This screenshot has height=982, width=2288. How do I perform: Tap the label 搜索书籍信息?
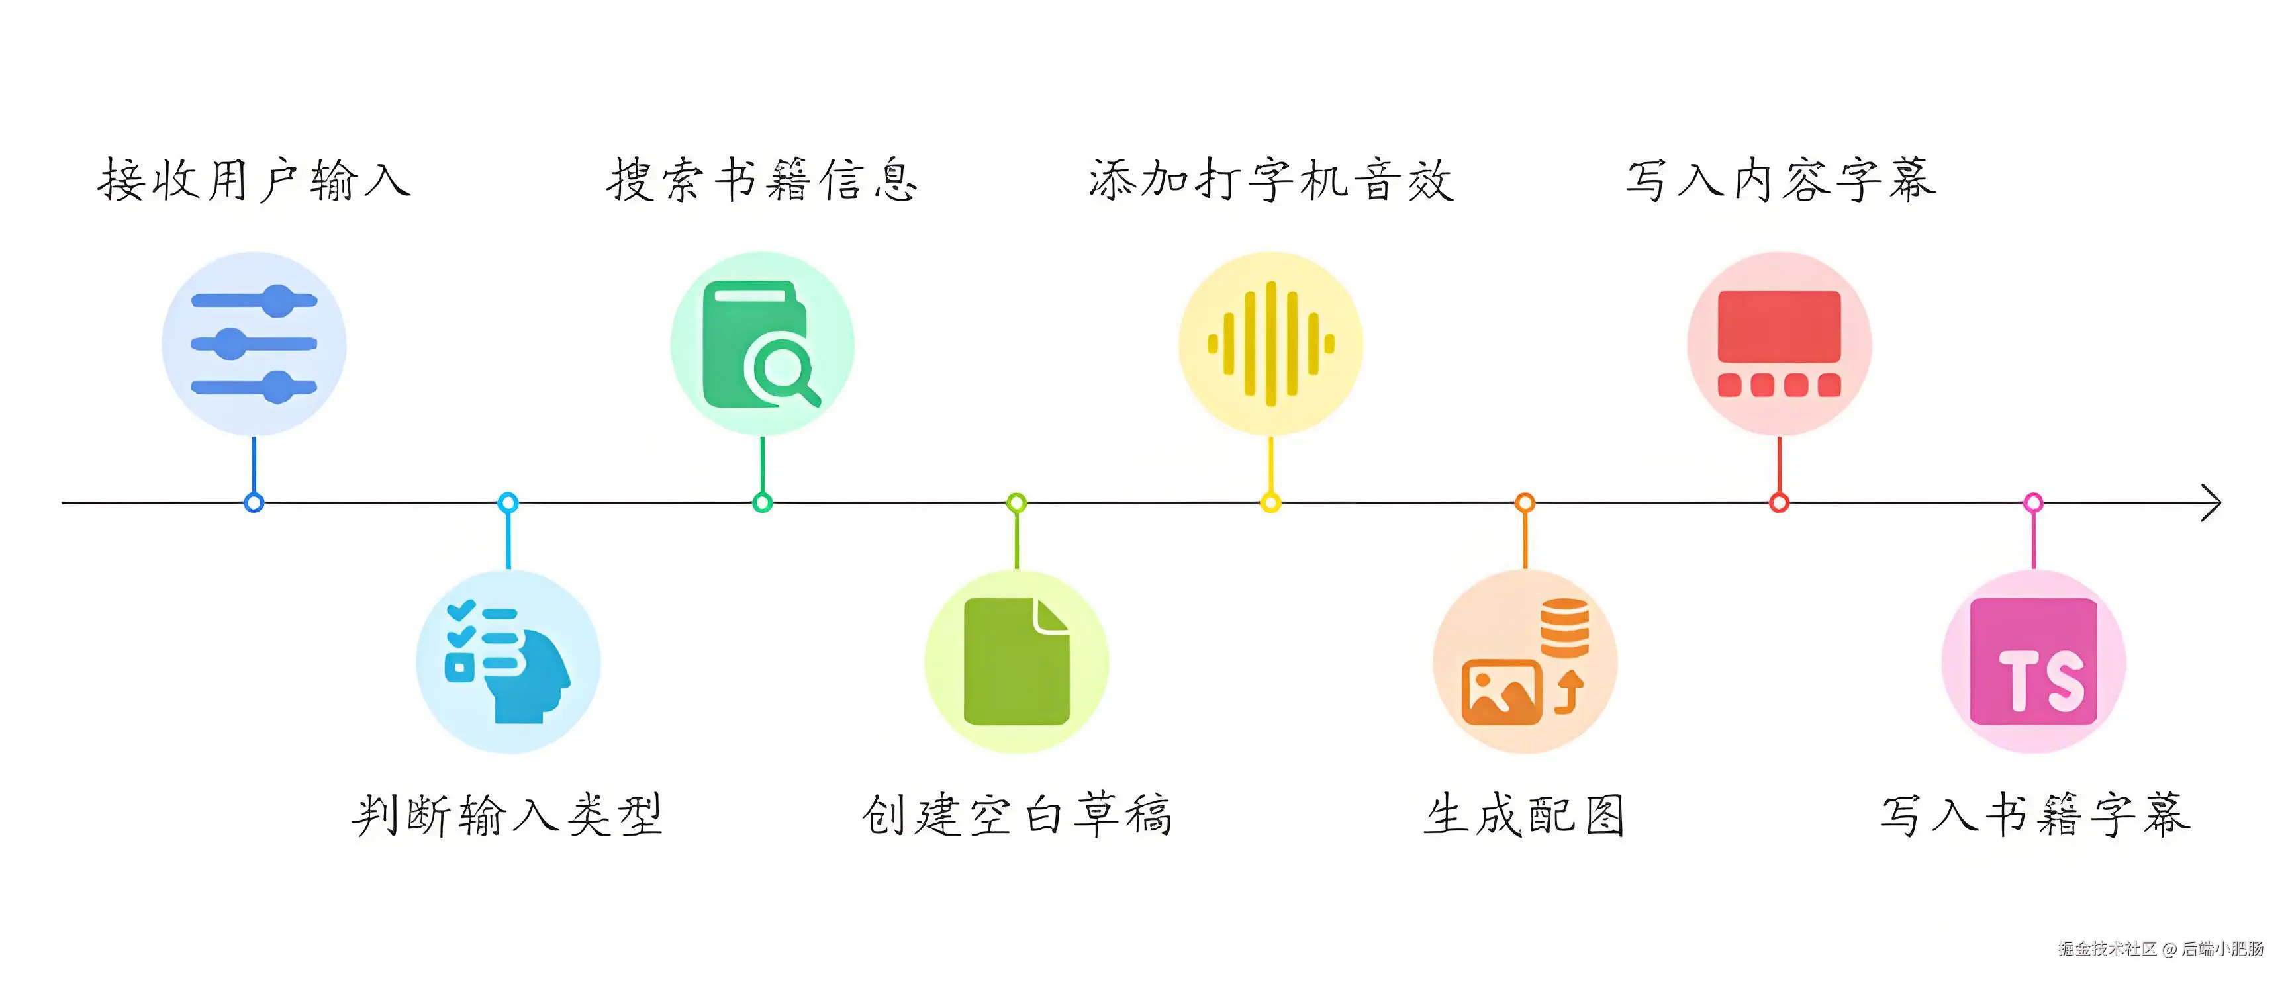point(762,180)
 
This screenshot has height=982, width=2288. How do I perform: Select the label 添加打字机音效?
point(1271,180)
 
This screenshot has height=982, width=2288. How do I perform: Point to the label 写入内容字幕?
point(1780,180)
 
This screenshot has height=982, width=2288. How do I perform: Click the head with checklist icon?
point(508,662)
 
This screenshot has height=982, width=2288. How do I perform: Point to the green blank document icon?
point(1017,662)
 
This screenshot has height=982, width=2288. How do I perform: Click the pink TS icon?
point(2034,662)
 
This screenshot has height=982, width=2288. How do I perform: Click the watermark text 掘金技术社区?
point(2107,948)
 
